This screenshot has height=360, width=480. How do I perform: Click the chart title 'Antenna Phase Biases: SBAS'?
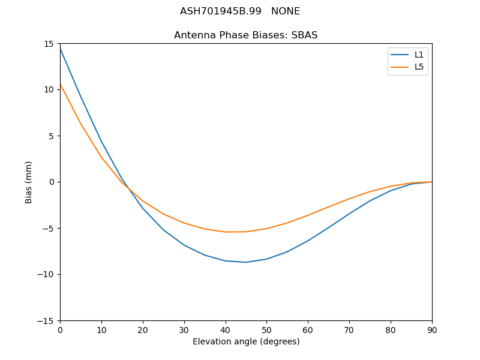(245, 35)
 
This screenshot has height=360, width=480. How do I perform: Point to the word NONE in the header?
(286, 11)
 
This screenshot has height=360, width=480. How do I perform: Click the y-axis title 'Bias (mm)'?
(29, 182)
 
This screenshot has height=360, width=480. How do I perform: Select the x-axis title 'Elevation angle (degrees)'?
(246, 341)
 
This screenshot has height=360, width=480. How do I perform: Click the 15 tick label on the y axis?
(49, 44)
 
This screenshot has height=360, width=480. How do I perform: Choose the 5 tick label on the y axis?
(51, 136)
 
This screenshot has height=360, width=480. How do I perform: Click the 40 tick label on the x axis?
(225, 329)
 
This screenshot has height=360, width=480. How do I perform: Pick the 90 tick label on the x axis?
(431, 329)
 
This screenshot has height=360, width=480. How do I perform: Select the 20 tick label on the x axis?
(143, 329)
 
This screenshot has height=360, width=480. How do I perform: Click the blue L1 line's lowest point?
(246, 262)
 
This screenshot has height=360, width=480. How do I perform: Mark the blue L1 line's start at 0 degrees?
(60, 48)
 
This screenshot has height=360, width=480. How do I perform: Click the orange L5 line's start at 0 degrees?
(60, 84)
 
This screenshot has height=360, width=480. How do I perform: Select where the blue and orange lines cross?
(128, 188)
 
